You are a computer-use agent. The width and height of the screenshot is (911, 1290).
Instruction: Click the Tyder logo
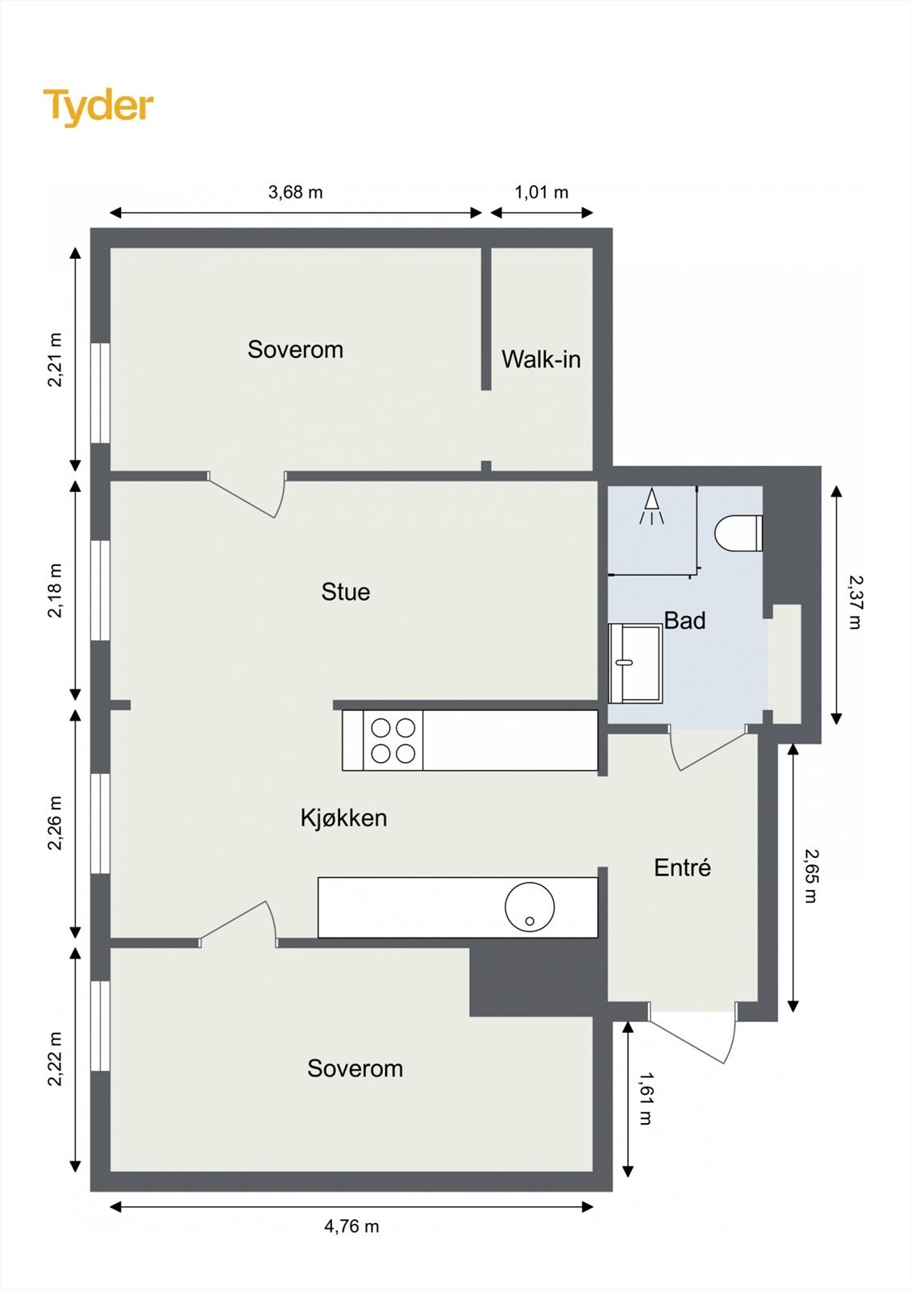(98, 107)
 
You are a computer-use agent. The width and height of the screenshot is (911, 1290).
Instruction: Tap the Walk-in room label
(541, 359)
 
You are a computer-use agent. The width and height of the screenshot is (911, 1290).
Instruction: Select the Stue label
(346, 592)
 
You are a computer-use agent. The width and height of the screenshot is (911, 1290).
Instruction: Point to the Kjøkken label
(343, 818)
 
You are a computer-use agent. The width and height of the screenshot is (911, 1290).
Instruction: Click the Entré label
(682, 867)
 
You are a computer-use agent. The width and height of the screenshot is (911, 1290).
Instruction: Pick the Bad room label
(684, 620)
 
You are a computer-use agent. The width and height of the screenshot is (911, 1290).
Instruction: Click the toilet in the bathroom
(738, 533)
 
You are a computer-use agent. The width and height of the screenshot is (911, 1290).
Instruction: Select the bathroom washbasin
(635, 664)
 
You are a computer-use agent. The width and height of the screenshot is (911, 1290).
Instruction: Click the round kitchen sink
(529, 906)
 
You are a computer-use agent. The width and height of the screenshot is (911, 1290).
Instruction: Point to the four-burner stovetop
(393, 740)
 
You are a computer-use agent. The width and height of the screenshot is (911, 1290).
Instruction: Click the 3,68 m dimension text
(295, 192)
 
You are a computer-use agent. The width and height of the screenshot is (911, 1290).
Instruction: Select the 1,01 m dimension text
(541, 192)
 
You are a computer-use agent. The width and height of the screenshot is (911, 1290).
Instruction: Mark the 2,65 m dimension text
(810, 876)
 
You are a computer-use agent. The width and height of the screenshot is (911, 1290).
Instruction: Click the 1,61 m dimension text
(646, 1098)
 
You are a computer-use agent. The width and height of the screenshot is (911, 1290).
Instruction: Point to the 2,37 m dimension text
(855, 602)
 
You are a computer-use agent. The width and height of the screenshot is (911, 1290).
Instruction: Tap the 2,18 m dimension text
(55, 591)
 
